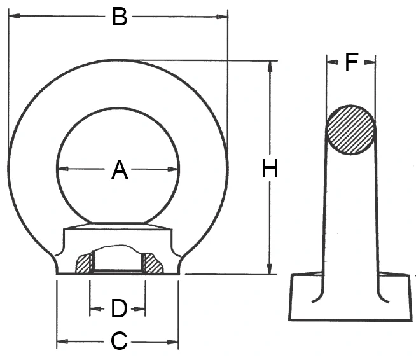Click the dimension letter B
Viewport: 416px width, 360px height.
[x=120, y=17]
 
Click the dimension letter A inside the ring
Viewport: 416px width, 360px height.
[x=120, y=170]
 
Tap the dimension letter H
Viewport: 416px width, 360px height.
[x=270, y=169]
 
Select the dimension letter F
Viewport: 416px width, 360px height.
[x=352, y=62]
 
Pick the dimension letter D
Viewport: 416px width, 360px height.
[x=119, y=308]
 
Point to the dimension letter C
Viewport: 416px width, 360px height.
[x=119, y=340]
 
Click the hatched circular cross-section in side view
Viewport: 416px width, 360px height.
[x=350, y=130]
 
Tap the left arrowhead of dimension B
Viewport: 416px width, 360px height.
[x=14, y=16]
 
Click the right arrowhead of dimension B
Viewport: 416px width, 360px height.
[x=222, y=17]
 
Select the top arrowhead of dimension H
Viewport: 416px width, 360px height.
[x=270, y=67]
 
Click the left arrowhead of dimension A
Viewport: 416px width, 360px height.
[x=63, y=169]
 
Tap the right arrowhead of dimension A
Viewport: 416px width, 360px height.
[x=173, y=169]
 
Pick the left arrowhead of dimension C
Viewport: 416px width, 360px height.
[x=62, y=341]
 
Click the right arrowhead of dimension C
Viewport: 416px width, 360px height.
[x=173, y=342]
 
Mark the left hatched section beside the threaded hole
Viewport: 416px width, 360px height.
[x=83, y=264]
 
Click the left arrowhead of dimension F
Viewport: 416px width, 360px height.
[x=332, y=62]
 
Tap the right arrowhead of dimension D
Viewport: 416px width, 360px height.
[x=140, y=309]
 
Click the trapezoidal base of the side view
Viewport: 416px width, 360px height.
[x=350, y=296]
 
